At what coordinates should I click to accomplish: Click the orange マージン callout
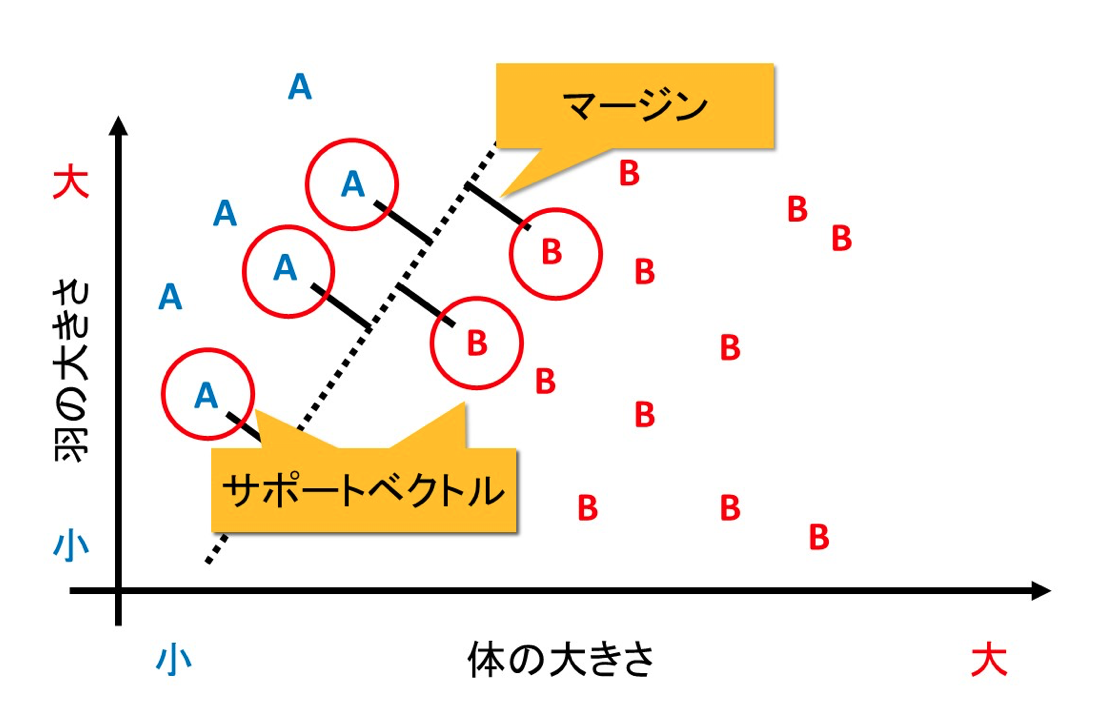tap(634, 105)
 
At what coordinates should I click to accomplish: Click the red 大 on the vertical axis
tap(70, 183)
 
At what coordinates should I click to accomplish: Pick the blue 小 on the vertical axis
tap(70, 546)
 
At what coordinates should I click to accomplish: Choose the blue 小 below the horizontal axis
tap(174, 660)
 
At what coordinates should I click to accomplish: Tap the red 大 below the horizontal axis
tap(989, 660)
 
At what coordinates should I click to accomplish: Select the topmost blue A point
tap(300, 88)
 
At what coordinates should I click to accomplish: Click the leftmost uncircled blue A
tap(171, 297)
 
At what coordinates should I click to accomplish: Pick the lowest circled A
tap(206, 395)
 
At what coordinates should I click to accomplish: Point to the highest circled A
tap(352, 184)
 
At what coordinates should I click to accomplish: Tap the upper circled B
tap(553, 252)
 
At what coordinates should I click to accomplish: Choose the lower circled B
tap(477, 343)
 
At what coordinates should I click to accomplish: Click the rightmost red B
tap(841, 238)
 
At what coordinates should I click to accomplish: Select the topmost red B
tap(629, 173)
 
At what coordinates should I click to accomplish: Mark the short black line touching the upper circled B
tap(497, 205)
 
